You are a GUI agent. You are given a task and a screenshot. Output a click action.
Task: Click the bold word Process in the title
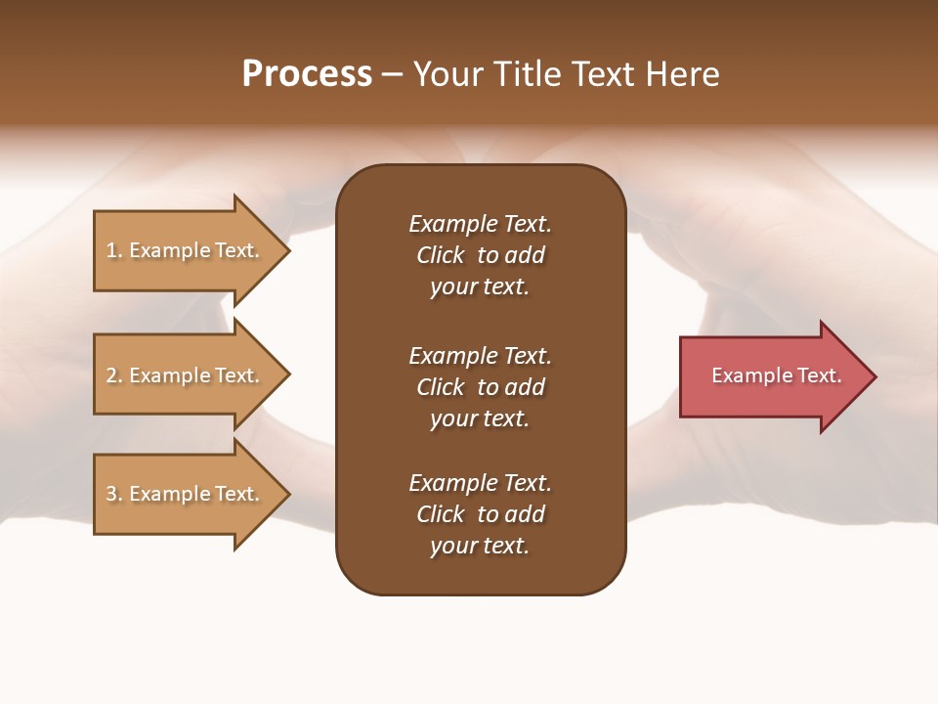click(x=307, y=74)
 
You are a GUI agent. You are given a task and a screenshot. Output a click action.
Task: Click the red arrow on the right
click(x=772, y=375)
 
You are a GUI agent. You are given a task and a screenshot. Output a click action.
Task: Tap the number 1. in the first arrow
click(x=114, y=250)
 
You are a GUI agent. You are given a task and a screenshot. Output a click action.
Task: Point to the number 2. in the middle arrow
click(x=114, y=375)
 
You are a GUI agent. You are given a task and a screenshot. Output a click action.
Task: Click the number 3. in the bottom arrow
click(x=114, y=494)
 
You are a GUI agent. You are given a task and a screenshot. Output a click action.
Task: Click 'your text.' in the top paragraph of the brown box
click(x=480, y=286)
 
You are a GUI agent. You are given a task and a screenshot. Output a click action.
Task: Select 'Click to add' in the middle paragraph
click(x=480, y=387)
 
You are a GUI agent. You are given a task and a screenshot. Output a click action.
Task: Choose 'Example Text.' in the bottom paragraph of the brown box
click(x=480, y=483)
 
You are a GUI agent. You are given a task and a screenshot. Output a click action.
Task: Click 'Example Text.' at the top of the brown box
click(x=480, y=224)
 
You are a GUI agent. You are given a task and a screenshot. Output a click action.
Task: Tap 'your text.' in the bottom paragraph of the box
click(x=480, y=546)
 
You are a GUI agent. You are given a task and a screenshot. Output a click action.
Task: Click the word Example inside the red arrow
click(x=745, y=375)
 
